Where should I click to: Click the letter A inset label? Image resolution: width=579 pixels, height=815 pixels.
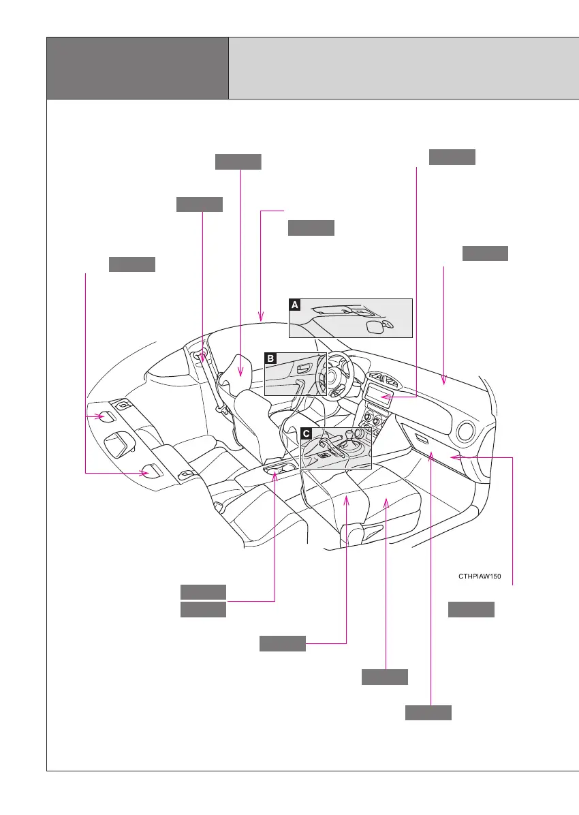pyautogui.click(x=295, y=305)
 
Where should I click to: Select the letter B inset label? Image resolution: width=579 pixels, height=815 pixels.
pyautogui.click(x=270, y=358)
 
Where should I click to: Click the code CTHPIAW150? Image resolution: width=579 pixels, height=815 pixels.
pyautogui.click(x=480, y=576)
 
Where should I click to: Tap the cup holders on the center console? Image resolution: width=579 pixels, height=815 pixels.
pyautogui.click(x=280, y=470)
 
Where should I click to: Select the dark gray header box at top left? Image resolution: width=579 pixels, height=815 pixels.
pyautogui.click(x=137, y=68)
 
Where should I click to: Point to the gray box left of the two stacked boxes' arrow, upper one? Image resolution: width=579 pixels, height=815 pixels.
pyautogui.click(x=203, y=591)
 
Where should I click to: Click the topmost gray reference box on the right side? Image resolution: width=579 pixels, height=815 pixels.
pyautogui.click(x=452, y=157)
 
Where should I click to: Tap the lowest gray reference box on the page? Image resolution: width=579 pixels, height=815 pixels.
pyautogui.click(x=428, y=713)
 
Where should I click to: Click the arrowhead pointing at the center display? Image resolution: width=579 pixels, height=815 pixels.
pyautogui.click(x=384, y=397)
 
